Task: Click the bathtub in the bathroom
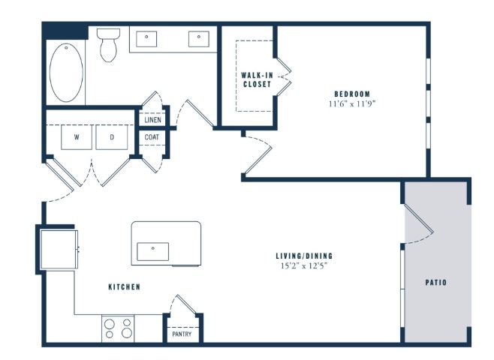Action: pos(66,73)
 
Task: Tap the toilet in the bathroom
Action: pos(108,45)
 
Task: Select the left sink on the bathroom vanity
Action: pos(146,39)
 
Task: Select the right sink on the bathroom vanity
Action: pos(199,39)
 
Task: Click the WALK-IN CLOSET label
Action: pos(257,80)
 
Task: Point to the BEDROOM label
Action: pos(352,94)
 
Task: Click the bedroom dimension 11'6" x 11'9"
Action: pos(352,103)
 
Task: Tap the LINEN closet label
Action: pos(153,120)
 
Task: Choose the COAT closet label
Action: pos(152,137)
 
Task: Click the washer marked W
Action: pos(77,137)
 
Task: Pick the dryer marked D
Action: pos(112,137)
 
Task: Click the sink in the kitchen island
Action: pos(153,251)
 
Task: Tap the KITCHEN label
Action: pos(125,287)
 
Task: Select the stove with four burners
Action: pos(118,328)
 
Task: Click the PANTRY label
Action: pos(182,334)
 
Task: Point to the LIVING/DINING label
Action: pos(304,256)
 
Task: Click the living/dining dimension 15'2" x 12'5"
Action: pos(304,266)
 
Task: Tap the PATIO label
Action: pos(436,283)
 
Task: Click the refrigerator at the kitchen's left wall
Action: pos(59,250)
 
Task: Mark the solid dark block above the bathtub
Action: pos(65,31)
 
